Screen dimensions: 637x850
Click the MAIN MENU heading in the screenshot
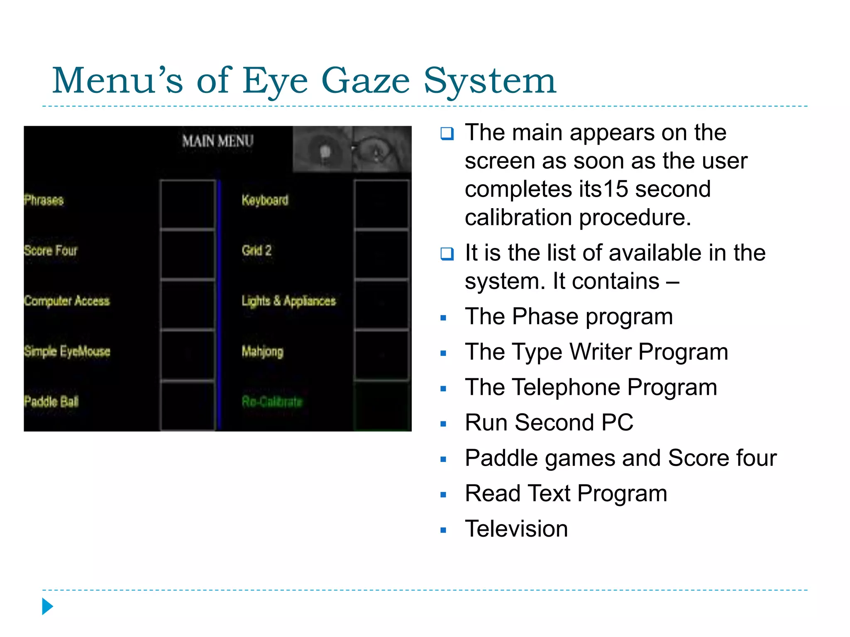pos(217,141)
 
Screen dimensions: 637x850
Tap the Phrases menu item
pos(44,200)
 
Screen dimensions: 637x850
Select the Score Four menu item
pos(51,250)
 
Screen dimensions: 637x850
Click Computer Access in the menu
pos(67,301)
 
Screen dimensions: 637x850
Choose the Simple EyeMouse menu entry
pos(67,351)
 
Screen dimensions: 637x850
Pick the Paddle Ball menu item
pos(51,401)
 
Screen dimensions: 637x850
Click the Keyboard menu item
pos(265,200)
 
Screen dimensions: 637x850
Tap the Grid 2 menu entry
pos(256,250)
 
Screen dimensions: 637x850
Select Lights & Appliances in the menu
pos(288,301)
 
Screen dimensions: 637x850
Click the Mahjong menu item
pos(262,352)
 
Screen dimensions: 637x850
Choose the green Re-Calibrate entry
pos(272,401)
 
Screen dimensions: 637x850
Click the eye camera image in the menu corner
pos(352,149)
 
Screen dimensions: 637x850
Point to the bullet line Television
pos(516,529)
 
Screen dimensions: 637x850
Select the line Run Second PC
pos(549,423)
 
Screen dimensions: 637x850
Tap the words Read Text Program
pos(566,494)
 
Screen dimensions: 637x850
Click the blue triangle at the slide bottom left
pos(47,606)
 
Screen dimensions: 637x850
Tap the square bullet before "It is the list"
pos(447,253)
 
